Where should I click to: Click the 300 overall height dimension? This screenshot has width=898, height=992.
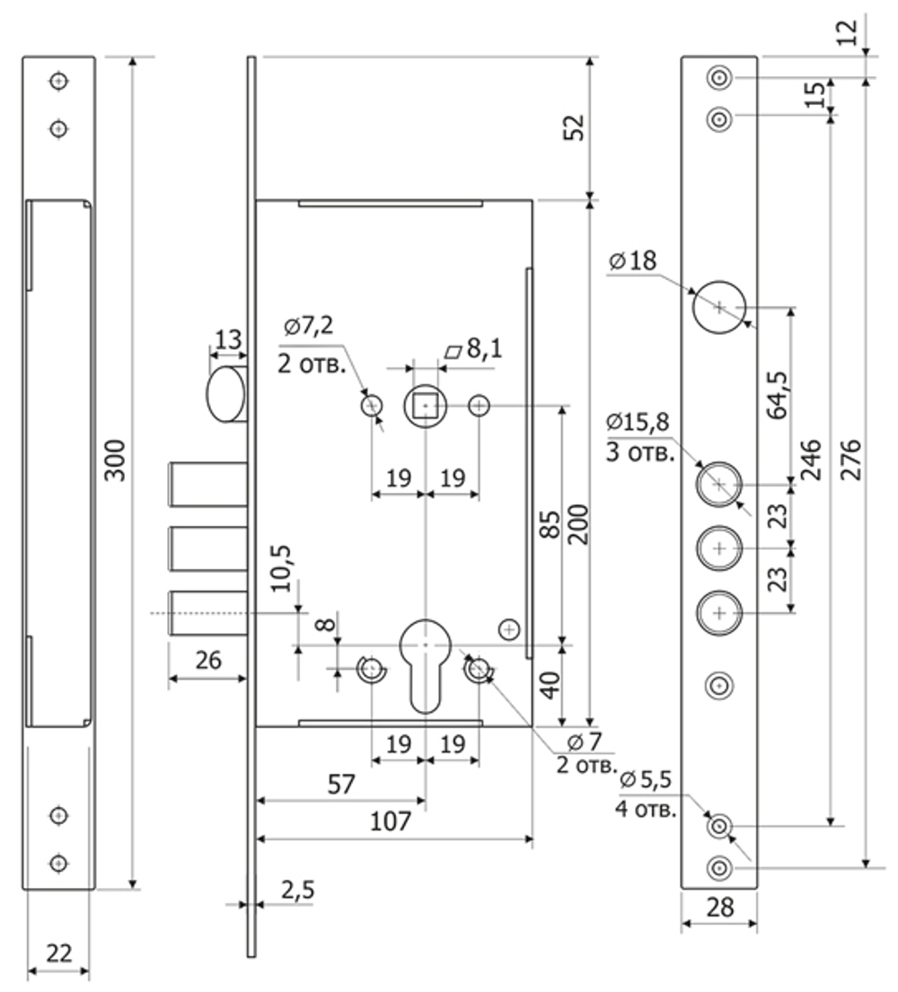point(115,460)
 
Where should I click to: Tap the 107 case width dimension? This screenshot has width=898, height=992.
point(390,821)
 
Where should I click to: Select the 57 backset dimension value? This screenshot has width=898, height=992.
point(340,785)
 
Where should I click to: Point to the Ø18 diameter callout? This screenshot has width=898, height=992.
point(632,260)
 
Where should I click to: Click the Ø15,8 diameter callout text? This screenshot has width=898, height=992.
point(638,421)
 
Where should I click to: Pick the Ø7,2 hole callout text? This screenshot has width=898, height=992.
point(308,327)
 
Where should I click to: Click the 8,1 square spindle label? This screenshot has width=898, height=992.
point(474,348)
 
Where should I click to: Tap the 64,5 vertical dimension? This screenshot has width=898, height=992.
point(777,395)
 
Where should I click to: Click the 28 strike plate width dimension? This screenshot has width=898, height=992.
point(719,908)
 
